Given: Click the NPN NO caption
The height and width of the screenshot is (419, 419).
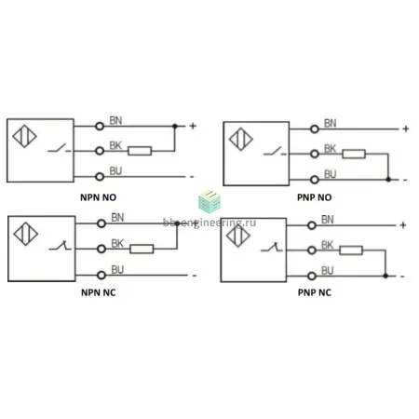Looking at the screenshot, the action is [98, 197].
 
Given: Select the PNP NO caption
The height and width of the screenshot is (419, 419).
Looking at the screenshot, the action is [315, 197].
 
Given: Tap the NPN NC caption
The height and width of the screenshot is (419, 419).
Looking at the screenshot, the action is [98, 292].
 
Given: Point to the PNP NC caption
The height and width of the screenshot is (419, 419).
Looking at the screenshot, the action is [315, 292].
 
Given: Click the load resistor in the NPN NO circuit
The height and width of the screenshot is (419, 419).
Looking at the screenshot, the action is [140, 151].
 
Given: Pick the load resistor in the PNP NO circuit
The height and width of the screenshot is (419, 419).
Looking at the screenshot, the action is [354, 154].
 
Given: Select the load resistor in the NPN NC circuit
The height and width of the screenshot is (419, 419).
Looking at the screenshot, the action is [142, 249].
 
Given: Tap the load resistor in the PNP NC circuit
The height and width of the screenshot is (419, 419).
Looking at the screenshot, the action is [351, 250].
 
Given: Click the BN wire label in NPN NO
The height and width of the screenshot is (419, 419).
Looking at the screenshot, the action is [115, 120].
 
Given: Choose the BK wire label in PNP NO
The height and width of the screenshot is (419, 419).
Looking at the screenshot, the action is [330, 149].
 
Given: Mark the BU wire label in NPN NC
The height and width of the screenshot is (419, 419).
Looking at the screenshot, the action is [117, 269].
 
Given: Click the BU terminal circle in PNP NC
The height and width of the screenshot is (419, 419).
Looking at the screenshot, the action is [312, 276].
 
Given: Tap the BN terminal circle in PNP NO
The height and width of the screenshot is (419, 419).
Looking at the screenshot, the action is [315, 129].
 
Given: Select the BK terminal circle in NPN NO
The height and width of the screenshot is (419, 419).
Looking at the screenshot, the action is [100, 151].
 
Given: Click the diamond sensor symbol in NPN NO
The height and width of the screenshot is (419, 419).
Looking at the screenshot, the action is [24, 136].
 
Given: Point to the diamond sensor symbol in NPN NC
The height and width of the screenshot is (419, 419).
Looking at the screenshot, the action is [26, 234].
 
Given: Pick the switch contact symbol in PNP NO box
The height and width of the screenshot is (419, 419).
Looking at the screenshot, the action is [275, 152].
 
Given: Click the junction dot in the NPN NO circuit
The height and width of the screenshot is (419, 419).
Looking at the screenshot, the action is [175, 126].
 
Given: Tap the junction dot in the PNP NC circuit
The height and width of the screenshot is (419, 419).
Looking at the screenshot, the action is [385, 276].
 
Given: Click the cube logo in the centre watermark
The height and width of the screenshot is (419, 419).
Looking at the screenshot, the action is [209, 202].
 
